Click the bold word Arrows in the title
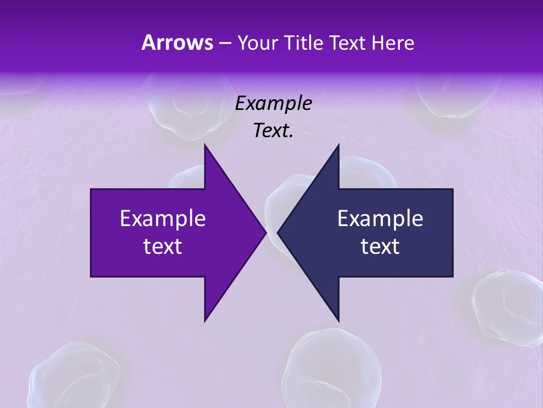(176, 42)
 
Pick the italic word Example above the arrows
(273, 103)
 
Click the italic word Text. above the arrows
(273, 131)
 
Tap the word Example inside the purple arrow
(163, 218)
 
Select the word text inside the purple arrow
(163, 246)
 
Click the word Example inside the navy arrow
(380, 218)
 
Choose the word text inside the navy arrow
(380, 246)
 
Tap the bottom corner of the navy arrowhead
(338, 320)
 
